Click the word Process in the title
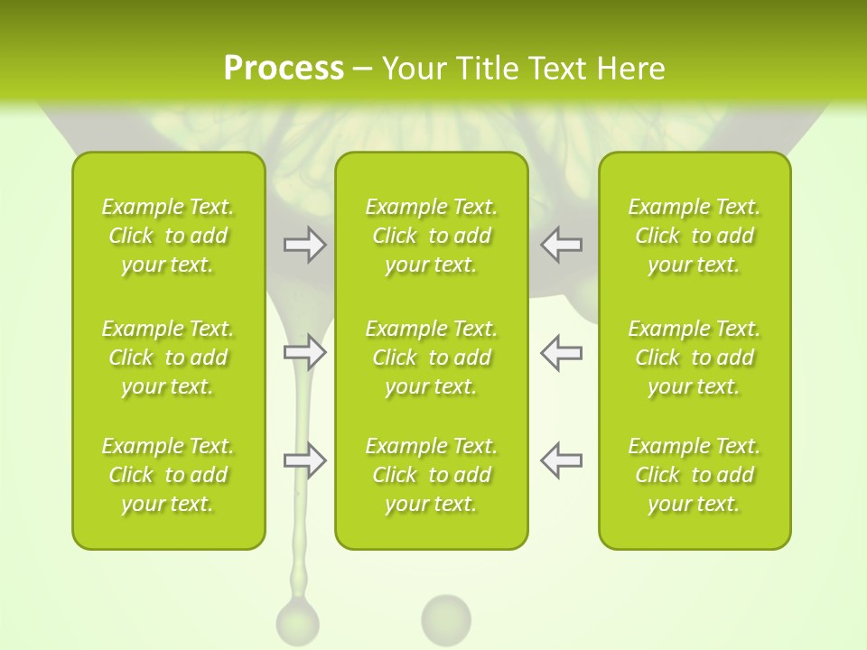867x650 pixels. [x=284, y=69]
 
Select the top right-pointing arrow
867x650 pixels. [x=304, y=244]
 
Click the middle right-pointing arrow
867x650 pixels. [x=304, y=352]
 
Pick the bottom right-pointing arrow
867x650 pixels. [x=304, y=460]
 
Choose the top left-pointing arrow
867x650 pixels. [x=562, y=244]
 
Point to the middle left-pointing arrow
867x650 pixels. [x=562, y=352]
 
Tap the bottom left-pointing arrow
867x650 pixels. [x=562, y=460]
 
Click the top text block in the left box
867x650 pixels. [x=168, y=236]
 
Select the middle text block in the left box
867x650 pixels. [x=168, y=357]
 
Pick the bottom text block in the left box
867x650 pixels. [x=168, y=475]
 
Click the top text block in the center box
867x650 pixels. [x=432, y=236]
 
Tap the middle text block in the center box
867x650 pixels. [x=432, y=357]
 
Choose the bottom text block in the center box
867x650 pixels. [x=432, y=475]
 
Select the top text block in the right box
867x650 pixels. [x=695, y=236]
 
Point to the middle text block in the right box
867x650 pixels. [x=695, y=357]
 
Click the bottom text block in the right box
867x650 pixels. [x=695, y=475]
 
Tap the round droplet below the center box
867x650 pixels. [x=446, y=618]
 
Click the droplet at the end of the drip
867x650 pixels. [x=297, y=623]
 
